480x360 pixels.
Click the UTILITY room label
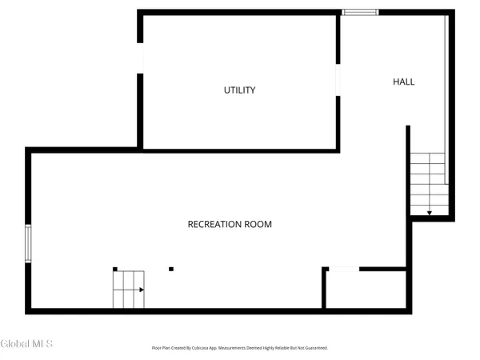tap(239, 90)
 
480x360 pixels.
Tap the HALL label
tap(404, 82)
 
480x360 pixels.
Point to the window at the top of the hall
tap(359, 12)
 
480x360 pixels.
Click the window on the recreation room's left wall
tap(29, 243)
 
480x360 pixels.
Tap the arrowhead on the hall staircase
tap(430, 213)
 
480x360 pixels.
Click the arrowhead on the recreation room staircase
tap(142, 290)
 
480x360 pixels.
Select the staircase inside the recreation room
tap(128, 290)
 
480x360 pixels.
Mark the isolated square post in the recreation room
tap(170, 269)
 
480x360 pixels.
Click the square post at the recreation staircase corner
tap(115, 269)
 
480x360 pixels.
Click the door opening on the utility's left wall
tap(141, 59)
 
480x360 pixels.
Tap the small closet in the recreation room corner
tap(366, 290)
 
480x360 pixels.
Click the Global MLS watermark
tap(26, 344)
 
